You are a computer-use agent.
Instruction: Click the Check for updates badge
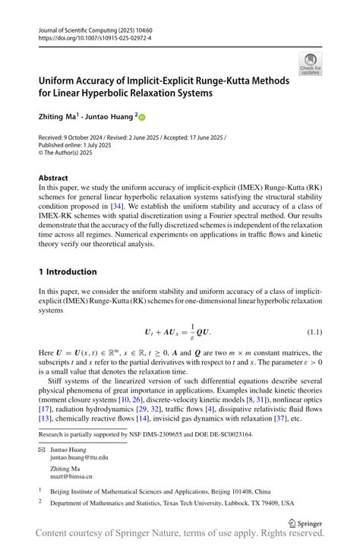pos(309,64)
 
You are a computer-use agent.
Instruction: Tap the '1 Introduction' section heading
pos(68,271)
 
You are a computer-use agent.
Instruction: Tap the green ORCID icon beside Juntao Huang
pos(141,117)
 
